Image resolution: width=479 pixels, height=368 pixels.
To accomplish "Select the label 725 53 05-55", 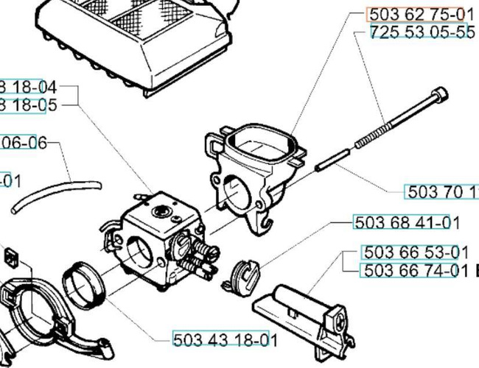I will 422,33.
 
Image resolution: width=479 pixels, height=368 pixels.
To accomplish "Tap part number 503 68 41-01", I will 407,222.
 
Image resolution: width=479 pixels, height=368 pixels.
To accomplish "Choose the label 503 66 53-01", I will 416,252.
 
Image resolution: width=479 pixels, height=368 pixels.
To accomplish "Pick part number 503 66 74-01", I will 416,271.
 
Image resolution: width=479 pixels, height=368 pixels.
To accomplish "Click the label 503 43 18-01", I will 225,339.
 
